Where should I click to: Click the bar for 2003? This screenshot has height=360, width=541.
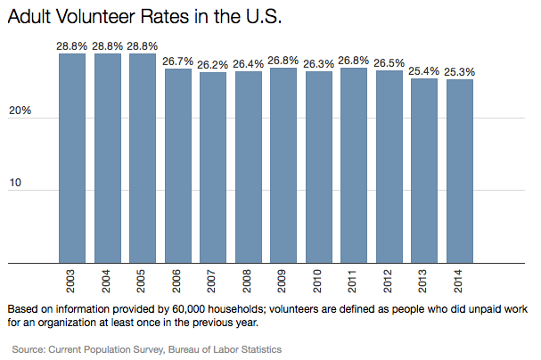(72, 159)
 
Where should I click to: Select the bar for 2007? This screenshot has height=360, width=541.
(213, 168)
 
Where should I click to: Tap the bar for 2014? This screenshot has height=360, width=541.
(460, 171)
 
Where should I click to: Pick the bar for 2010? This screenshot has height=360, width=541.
(319, 168)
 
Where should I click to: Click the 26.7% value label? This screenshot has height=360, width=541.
(177, 60)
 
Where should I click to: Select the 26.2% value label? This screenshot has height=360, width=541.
(213, 63)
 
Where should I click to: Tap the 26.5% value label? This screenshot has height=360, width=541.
(389, 62)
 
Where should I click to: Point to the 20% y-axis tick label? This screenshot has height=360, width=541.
(21, 111)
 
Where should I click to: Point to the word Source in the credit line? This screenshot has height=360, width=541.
(29, 350)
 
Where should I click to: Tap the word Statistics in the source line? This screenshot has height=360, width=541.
(257, 350)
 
